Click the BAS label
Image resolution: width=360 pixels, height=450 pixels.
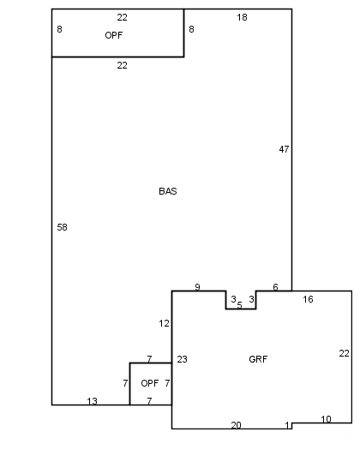pyautogui.click(x=168, y=191)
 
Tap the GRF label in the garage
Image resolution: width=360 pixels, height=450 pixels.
pyautogui.click(x=258, y=359)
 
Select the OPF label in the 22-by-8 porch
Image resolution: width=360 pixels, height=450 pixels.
pyautogui.click(x=114, y=35)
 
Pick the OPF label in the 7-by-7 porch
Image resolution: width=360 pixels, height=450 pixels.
pyautogui.click(x=149, y=383)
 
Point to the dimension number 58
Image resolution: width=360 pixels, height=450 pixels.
pyautogui.click(x=62, y=227)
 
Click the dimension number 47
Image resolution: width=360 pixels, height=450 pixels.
pyautogui.click(x=284, y=149)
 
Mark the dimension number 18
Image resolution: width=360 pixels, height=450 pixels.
pyautogui.click(x=242, y=17)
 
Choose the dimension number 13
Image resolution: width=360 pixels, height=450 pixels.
pyautogui.click(x=93, y=401)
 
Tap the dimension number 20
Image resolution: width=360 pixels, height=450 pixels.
pyautogui.click(x=236, y=425)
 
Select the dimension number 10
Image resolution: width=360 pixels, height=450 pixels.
pyautogui.click(x=326, y=419)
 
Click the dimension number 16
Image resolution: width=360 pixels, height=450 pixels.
pyautogui.click(x=308, y=299)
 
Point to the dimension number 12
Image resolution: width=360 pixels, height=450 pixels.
pyautogui.click(x=164, y=323)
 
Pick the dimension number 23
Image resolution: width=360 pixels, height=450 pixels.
pyautogui.click(x=182, y=359)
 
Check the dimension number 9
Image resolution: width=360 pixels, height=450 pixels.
pyautogui.click(x=197, y=287)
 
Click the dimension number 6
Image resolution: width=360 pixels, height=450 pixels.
pyautogui.click(x=276, y=287)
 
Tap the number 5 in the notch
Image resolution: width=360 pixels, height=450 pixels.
pyautogui.click(x=240, y=305)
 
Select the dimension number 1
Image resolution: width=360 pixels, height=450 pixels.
pyautogui.click(x=287, y=425)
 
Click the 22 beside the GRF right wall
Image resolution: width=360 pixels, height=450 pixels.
pyautogui.click(x=344, y=353)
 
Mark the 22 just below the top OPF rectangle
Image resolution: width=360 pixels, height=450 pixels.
pyautogui.click(x=122, y=65)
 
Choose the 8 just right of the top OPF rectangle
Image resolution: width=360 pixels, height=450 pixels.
pyautogui.click(x=191, y=29)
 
